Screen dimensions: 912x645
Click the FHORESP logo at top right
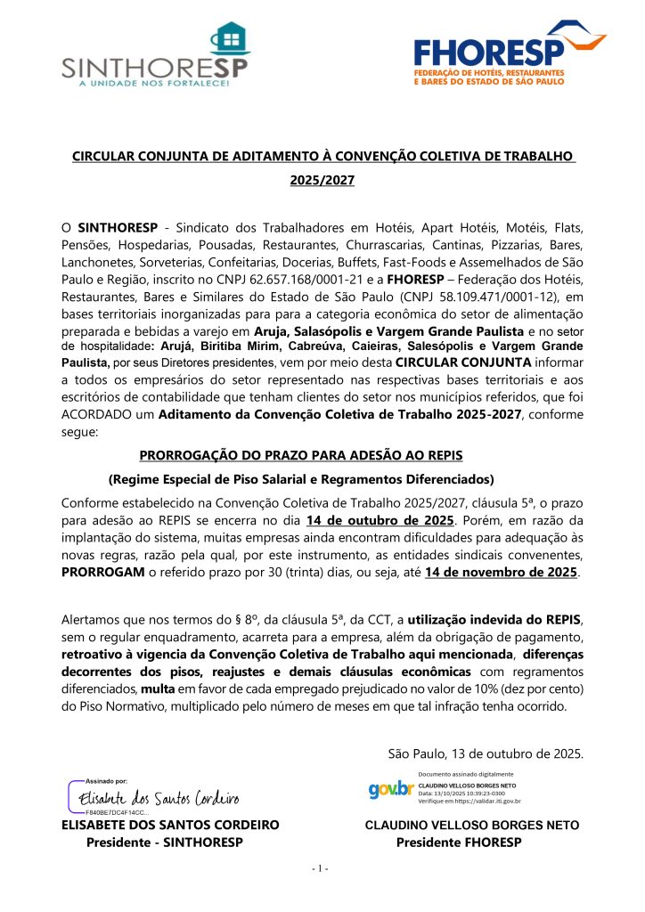[x=502, y=54]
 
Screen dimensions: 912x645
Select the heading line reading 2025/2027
[x=322, y=181]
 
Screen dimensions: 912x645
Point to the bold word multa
[x=155, y=688]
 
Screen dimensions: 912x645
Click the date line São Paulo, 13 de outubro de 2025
[x=486, y=754]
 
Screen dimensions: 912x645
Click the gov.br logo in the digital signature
[x=389, y=789]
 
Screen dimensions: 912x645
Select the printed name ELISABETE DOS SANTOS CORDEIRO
[x=170, y=825]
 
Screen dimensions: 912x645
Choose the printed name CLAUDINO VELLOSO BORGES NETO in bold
[x=471, y=826]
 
